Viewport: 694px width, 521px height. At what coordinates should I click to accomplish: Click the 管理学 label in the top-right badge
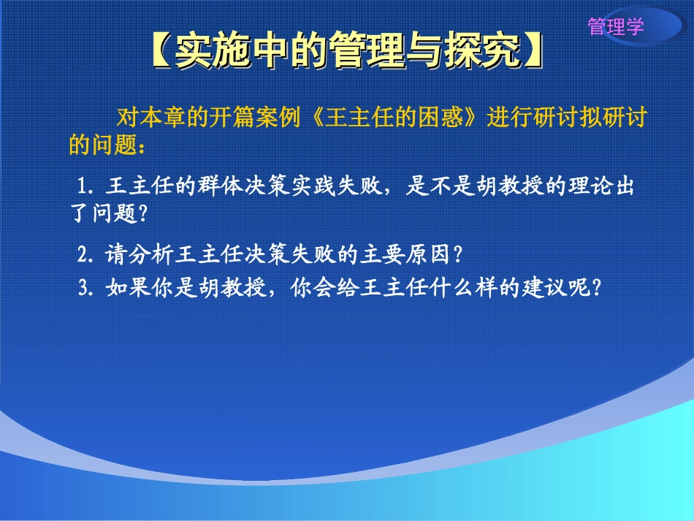tap(616, 28)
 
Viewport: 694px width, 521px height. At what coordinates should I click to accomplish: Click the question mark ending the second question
tap(458, 255)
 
